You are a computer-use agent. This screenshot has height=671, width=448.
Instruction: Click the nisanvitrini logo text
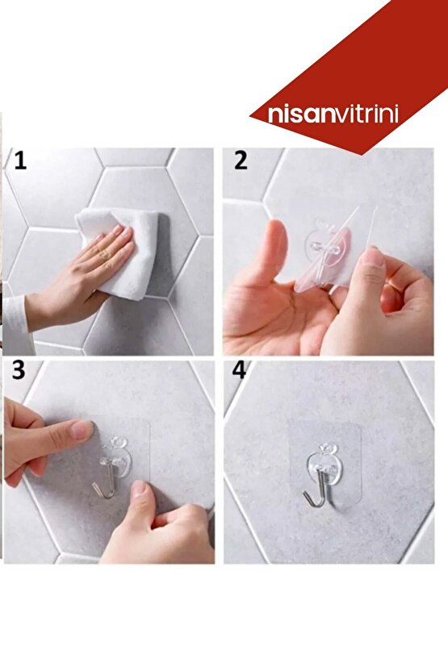pyautogui.click(x=333, y=115)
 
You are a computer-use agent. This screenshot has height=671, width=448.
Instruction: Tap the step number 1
pyautogui.click(x=20, y=160)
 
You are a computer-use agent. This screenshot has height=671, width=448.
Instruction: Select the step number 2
pyautogui.click(x=241, y=160)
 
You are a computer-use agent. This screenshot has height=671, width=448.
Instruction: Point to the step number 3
pyautogui.click(x=19, y=370)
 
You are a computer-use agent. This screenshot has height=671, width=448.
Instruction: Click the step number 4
pyautogui.click(x=239, y=370)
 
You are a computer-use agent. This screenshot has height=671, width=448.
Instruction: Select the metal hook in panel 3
pyautogui.click(x=104, y=480)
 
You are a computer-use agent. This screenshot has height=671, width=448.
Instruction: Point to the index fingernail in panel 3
pyautogui.click(x=82, y=429)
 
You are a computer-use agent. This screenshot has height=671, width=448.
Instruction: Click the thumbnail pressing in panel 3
pyautogui.click(x=138, y=488)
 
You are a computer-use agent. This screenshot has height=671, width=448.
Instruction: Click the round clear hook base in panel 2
pyautogui.click(x=324, y=248)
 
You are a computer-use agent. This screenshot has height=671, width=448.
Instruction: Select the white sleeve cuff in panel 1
pyautogui.click(x=16, y=324)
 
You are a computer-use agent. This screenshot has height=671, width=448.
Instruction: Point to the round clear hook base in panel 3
pyautogui.click(x=114, y=457)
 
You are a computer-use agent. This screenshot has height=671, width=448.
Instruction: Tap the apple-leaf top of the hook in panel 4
pyautogui.click(x=325, y=448)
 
